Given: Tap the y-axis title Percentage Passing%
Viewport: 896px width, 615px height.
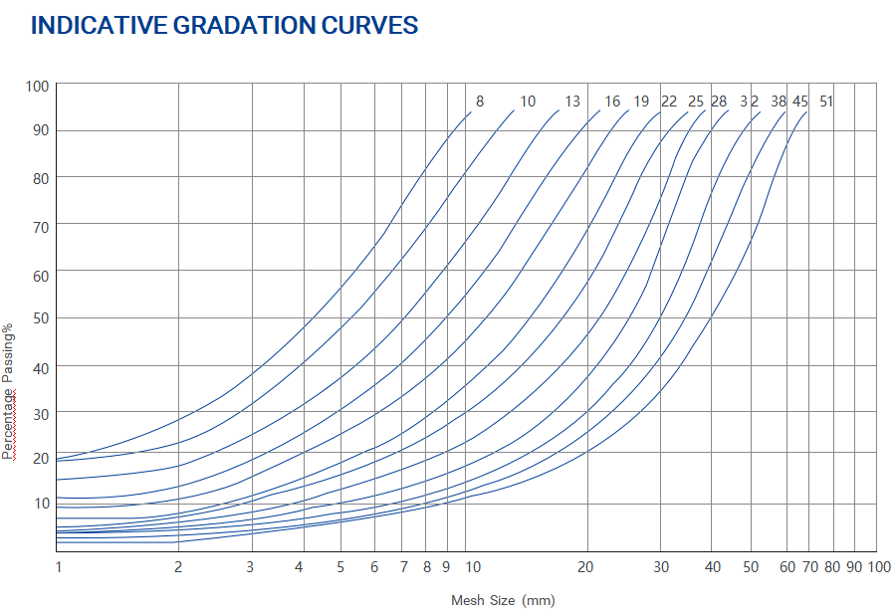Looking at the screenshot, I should [9, 390].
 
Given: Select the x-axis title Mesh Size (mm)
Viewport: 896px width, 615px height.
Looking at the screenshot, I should [503, 600].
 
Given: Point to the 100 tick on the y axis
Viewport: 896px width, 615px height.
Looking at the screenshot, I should [37, 86].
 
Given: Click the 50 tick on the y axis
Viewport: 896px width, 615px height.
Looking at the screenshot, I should [40, 317].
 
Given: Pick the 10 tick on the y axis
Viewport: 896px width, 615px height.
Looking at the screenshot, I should [40, 503].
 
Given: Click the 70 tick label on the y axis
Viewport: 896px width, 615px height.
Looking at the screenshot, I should [40, 225].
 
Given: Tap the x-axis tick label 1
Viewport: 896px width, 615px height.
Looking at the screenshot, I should [58, 567].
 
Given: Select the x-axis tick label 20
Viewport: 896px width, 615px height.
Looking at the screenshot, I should [585, 567].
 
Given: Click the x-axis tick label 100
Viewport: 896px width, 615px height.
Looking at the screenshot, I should [879, 567].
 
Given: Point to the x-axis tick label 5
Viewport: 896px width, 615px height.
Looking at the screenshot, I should [340, 567].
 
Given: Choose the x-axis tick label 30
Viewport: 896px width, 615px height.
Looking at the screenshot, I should [660, 567].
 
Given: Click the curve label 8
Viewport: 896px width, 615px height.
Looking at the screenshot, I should [480, 102].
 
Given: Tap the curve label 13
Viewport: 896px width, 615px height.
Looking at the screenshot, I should [572, 102].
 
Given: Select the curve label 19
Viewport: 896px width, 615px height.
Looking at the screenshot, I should [641, 102].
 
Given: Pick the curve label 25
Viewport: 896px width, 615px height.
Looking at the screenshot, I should [696, 102].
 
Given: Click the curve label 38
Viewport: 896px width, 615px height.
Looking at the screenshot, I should [779, 102].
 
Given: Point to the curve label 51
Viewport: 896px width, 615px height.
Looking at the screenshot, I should [826, 102].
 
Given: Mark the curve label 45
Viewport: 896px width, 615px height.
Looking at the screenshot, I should [800, 102].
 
